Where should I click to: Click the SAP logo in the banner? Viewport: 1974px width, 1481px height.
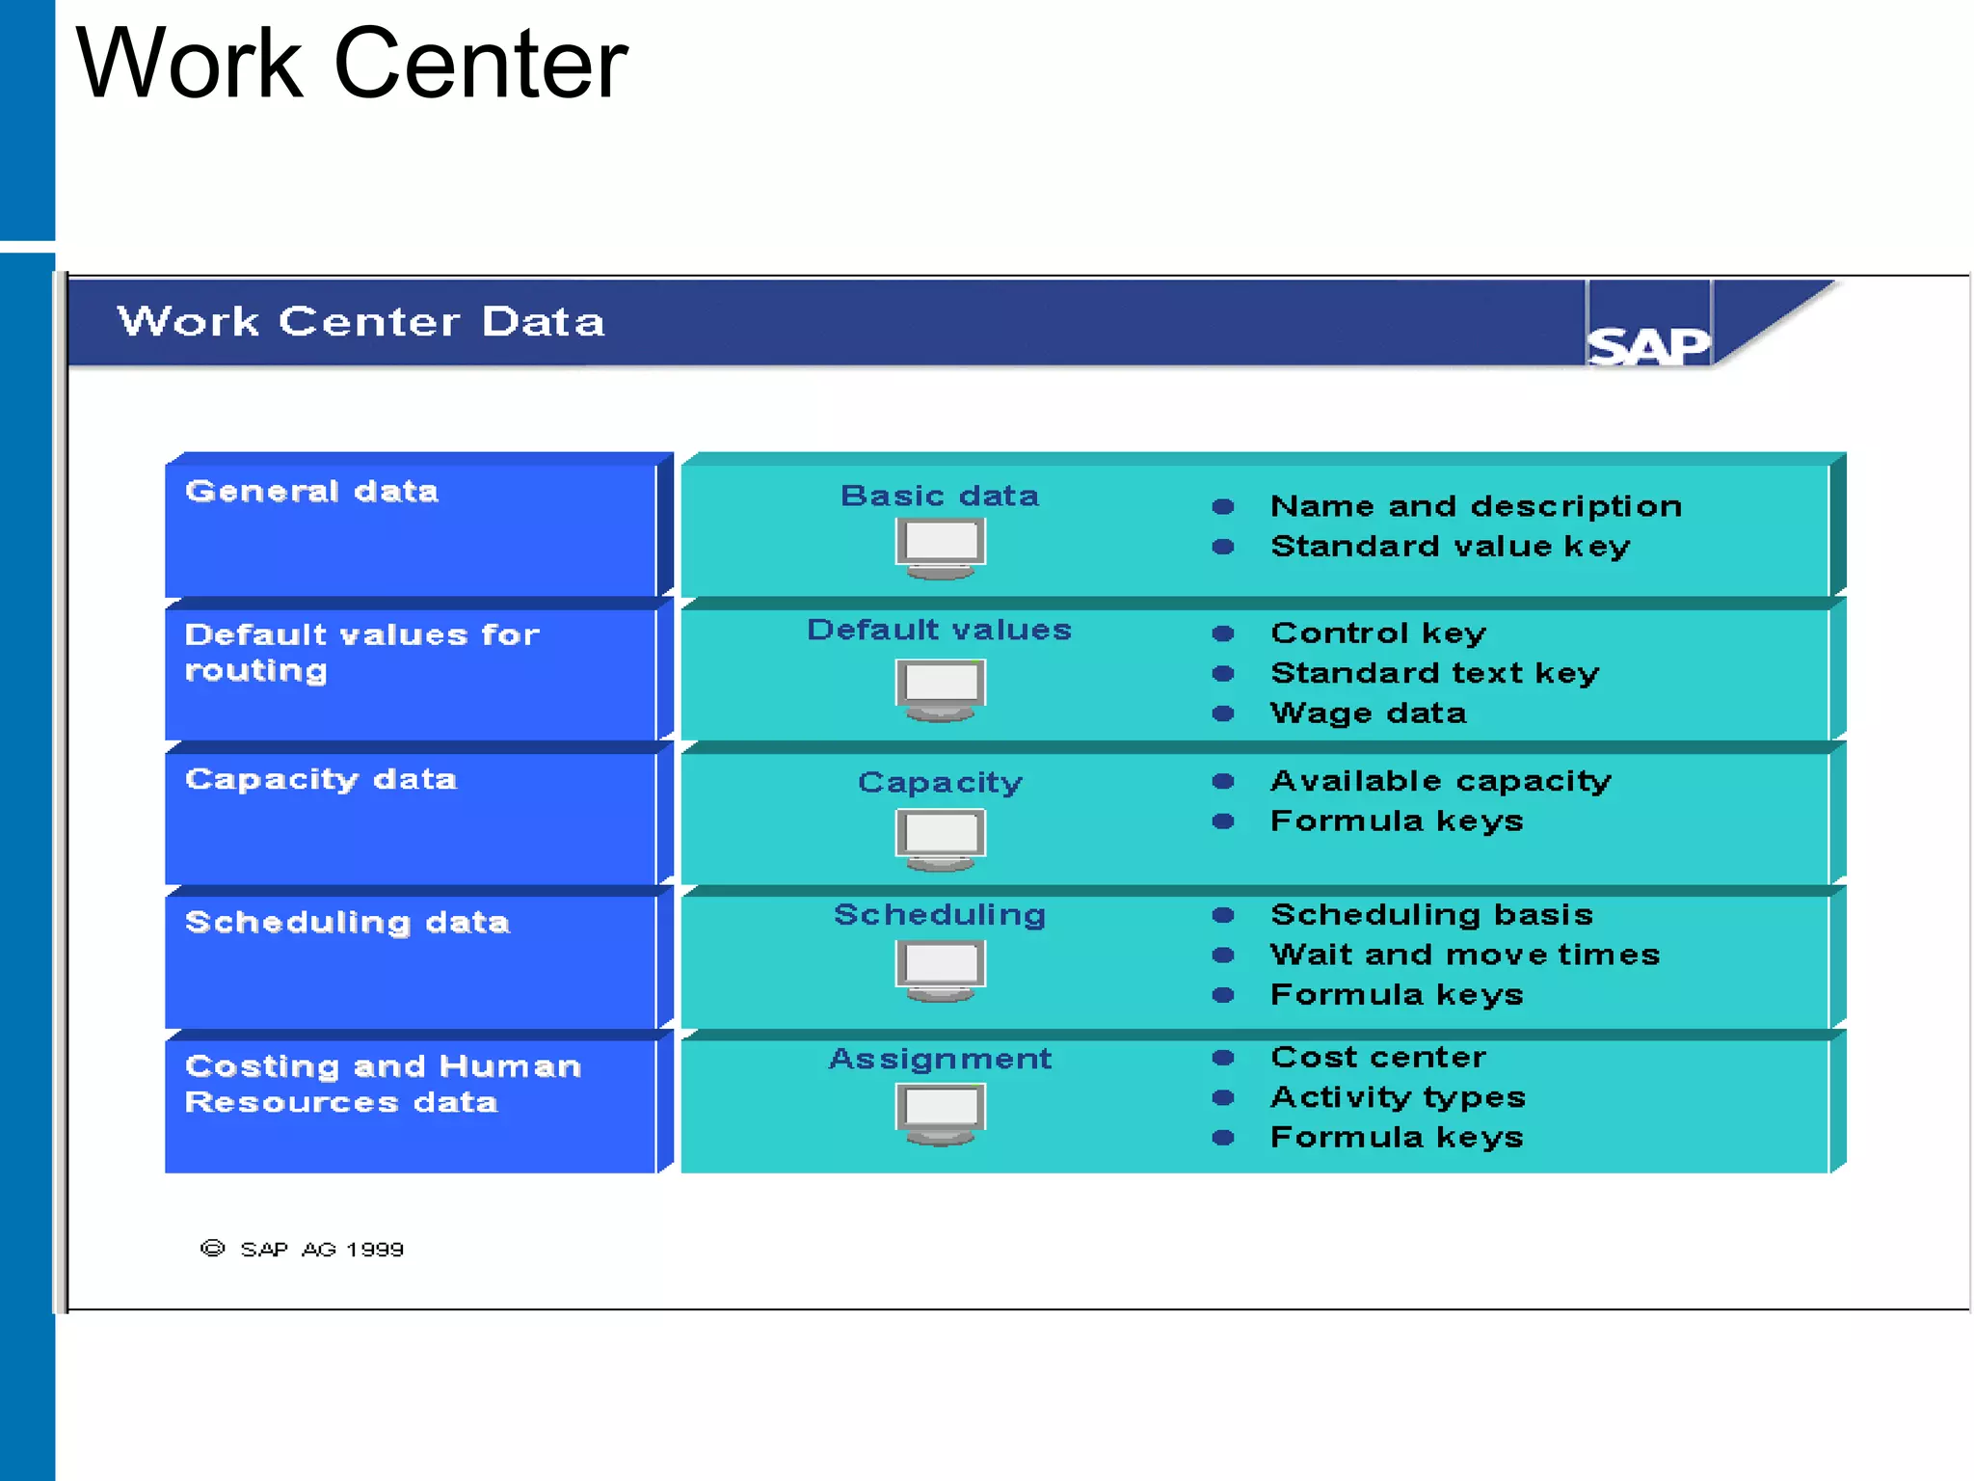(1647, 345)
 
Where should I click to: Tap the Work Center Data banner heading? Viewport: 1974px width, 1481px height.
(360, 322)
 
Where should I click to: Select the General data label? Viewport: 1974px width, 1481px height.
(311, 491)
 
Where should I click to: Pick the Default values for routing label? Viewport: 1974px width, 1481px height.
(360, 652)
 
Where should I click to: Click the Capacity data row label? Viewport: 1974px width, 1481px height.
(320, 779)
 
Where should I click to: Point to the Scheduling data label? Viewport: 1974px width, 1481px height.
(347, 923)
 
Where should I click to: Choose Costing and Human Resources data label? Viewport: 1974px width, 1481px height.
(382, 1084)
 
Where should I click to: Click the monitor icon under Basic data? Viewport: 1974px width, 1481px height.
(940, 547)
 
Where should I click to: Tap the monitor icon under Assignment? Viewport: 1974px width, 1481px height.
(940, 1113)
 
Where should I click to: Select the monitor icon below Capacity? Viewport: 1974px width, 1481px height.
(940, 839)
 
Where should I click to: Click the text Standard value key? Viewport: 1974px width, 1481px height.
(1450, 547)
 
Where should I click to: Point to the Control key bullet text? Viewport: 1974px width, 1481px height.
(1378, 633)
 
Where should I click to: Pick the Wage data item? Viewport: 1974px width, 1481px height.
(1368, 714)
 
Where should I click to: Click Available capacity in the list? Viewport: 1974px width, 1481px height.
(1440, 781)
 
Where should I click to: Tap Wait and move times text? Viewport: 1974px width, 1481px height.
(1464, 955)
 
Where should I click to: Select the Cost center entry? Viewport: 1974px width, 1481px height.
(1378, 1058)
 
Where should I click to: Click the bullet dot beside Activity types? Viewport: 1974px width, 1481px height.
(1223, 1097)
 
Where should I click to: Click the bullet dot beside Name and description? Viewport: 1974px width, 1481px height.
(1223, 506)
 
